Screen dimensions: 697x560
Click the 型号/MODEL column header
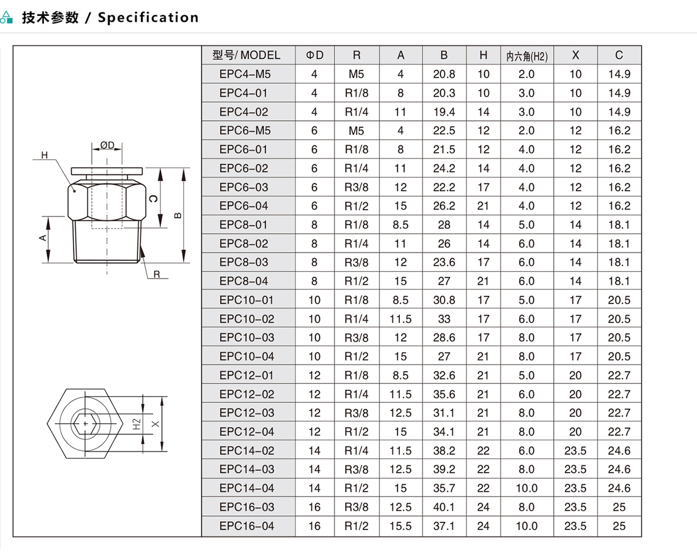click(246, 55)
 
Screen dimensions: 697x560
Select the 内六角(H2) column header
click(527, 56)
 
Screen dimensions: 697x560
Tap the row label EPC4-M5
click(244, 74)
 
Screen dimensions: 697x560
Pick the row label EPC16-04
click(247, 526)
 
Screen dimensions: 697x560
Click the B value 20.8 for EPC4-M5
click(444, 74)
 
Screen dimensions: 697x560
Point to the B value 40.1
click(444, 507)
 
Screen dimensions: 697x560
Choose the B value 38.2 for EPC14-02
click(444, 451)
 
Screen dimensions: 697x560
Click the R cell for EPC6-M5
click(356, 131)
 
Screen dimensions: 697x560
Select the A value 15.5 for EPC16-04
click(400, 526)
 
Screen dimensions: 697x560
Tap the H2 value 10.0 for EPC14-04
click(527, 488)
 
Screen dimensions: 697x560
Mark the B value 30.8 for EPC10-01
click(444, 300)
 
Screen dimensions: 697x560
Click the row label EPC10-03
click(247, 338)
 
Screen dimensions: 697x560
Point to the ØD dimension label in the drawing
click(107, 145)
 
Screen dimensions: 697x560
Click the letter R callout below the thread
click(156, 274)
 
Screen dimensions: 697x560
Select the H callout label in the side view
click(45, 155)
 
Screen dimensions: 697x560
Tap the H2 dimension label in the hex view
click(136, 424)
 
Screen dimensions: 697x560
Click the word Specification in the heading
click(148, 18)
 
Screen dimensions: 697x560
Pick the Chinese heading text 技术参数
click(50, 18)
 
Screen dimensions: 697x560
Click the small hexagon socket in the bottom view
click(86, 424)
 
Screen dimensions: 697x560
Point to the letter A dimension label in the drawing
click(43, 238)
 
